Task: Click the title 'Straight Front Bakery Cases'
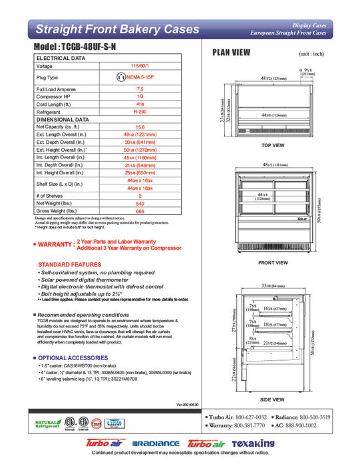click(x=116, y=29)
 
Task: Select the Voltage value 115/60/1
click(x=140, y=67)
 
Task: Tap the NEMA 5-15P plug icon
click(x=121, y=77)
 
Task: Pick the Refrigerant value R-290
click(x=140, y=113)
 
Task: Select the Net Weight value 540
click(x=140, y=204)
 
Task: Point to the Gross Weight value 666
click(x=140, y=211)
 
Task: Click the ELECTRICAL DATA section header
click(x=61, y=59)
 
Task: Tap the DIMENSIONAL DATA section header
click(x=63, y=119)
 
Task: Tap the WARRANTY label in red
click(x=54, y=245)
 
